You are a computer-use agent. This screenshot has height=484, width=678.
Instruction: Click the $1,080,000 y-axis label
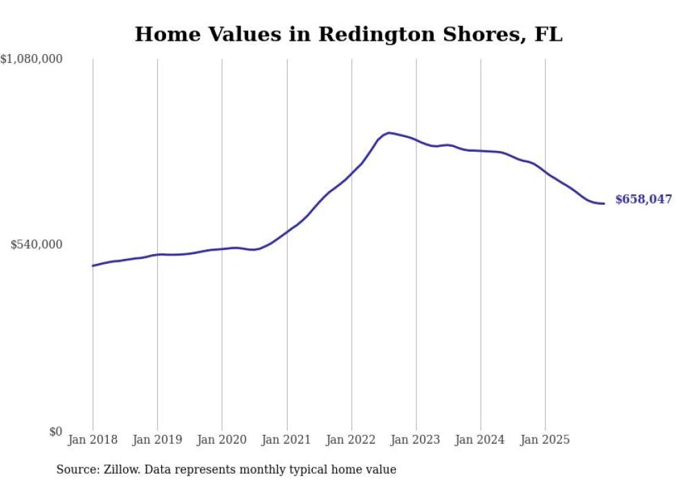coord(31,60)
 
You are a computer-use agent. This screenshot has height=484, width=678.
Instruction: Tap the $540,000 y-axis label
coord(36,244)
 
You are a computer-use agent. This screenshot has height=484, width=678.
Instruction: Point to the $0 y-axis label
coord(55,431)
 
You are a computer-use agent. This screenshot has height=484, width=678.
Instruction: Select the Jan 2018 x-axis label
coord(93,440)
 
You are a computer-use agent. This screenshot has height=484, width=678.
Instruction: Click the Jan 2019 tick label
coord(157,440)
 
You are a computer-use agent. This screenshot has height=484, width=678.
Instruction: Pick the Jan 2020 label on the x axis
coord(222,440)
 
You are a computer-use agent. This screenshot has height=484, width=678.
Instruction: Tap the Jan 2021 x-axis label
coord(286,440)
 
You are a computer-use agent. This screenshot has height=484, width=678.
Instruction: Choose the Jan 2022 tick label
coord(351,440)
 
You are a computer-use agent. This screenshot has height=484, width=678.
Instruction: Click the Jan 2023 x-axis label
coord(416,440)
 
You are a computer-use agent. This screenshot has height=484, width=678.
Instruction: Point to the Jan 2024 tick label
coord(481,440)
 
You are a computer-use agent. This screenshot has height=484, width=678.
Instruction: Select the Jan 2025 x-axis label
coord(545,440)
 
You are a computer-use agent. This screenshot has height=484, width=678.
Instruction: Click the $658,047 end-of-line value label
coord(643,199)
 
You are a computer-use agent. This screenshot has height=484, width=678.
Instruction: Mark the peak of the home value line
coord(389,132)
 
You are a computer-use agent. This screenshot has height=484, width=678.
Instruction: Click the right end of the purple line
coord(604,204)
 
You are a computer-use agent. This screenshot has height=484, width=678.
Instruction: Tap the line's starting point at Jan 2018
coord(93,266)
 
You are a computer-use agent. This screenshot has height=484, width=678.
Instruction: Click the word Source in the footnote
coord(75,470)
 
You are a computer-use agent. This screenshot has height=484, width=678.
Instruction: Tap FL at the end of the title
coord(549,35)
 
